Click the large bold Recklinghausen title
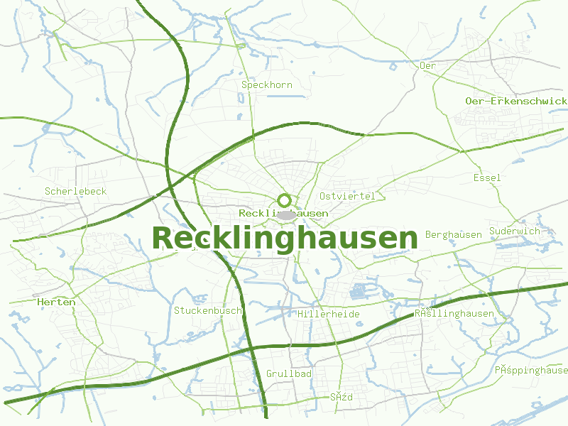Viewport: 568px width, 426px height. [285, 239]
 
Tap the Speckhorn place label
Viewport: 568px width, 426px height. [267, 85]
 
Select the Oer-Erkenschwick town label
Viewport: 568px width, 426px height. [516, 102]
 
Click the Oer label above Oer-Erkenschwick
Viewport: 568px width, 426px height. [427, 65]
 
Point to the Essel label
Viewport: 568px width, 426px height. [487, 177]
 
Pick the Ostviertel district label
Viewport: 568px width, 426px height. [347, 196]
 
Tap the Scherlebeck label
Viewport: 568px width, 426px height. [75, 192]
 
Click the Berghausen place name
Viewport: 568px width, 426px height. [454, 235]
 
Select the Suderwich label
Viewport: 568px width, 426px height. [515, 231]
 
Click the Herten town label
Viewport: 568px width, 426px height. [56, 302]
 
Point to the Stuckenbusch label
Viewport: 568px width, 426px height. [208, 310]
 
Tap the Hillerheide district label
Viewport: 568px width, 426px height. [329, 314]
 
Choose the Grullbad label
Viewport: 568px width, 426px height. [289, 373]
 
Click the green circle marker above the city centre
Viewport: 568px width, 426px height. [285, 200]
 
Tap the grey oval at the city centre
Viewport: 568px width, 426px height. [286, 214]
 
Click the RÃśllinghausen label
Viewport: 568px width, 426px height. [454, 313]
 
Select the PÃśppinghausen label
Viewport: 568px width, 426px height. [532, 370]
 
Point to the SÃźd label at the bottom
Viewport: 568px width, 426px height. [342, 397]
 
